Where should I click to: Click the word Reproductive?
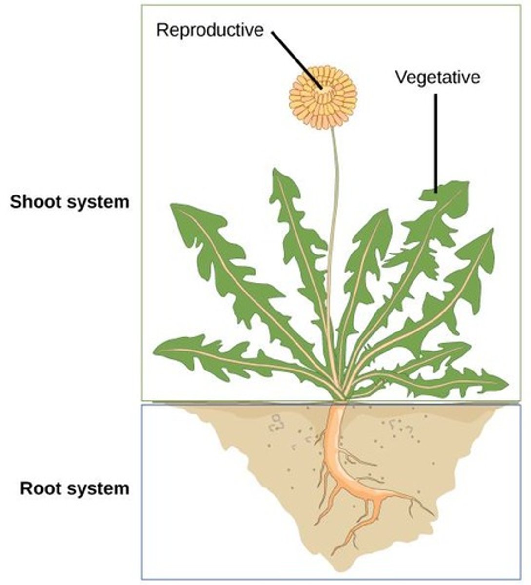coord(209,30)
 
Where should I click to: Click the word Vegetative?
coord(437,77)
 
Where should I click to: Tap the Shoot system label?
coord(70,202)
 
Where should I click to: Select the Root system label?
coord(75,488)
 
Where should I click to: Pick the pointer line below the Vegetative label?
coord(436,141)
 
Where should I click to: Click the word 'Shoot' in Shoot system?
coord(34,202)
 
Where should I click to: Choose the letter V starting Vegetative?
coord(399,77)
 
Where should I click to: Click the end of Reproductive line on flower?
coord(320,88)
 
